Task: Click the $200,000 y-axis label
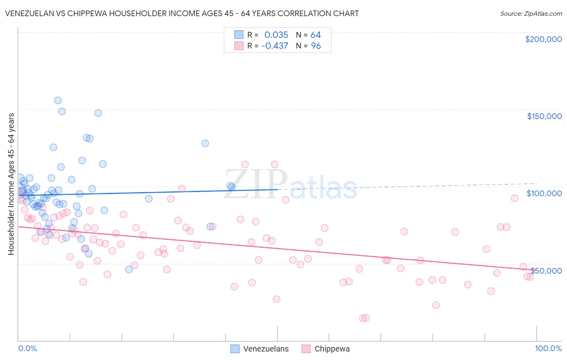point(543,39)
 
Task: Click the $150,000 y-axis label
point(544,116)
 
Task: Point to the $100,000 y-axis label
point(544,193)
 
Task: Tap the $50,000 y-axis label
point(546,270)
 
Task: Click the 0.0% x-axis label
point(27,348)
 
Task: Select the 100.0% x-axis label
point(548,348)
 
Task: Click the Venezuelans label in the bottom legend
point(266,349)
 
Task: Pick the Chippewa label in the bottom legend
point(332,349)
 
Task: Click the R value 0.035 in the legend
point(276,35)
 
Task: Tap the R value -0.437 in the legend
point(275,46)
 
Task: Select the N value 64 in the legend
point(315,35)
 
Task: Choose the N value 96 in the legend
point(315,46)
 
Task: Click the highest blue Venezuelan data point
point(58,100)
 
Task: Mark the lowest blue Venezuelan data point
point(129,269)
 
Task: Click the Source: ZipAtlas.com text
point(531,13)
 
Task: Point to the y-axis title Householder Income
point(11,184)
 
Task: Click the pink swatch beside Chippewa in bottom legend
point(306,349)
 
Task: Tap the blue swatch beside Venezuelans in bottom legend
point(235,349)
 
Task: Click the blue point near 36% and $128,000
point(205,143)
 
